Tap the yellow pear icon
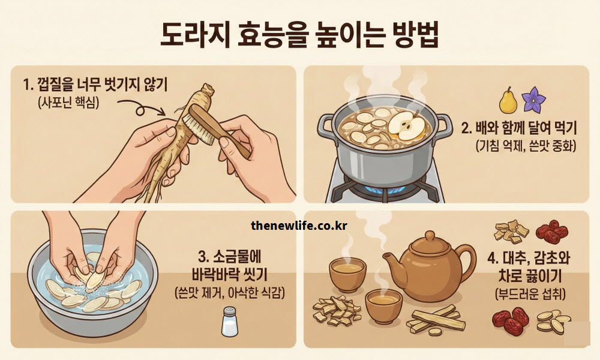[x=507, y=100]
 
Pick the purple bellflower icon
[x=532, y=100]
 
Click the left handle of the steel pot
[x=326, y=125]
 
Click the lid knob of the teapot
[x=430, y=235]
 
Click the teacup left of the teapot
[x=347, y=274]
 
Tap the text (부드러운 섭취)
[x=528, y=294]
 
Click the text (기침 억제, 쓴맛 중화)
[x=526, y=146]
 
